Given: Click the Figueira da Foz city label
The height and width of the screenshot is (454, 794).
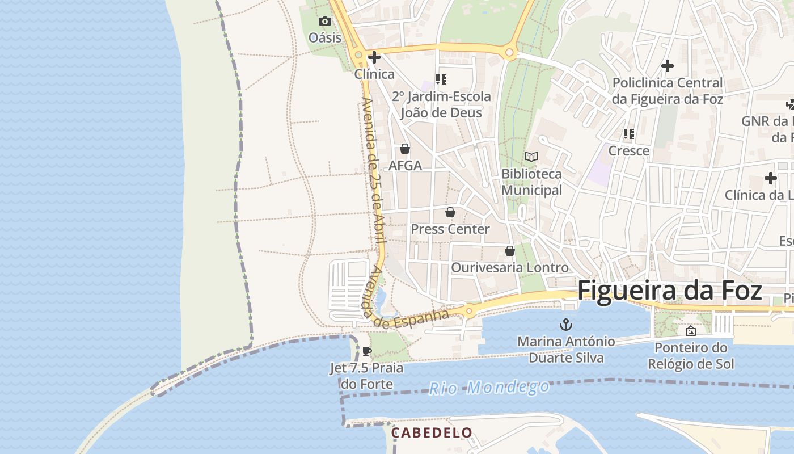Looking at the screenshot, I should pyautogui.click(x=669, y=291).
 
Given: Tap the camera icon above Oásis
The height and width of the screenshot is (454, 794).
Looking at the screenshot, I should pyautogui.click(x=324, y=22).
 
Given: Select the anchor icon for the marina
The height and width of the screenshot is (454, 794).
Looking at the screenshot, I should pyautogui.click(x=565, y=325).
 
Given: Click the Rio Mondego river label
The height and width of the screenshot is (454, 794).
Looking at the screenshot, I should pyautogui.click(x=489, y=388).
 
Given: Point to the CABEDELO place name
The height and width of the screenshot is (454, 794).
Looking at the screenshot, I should pyautogui.click(x=432, y=432).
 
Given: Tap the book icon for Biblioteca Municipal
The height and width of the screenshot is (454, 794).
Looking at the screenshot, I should pyautogui.click(x=531, y=157).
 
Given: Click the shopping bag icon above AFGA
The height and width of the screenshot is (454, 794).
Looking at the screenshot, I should pyautogui.click(x=405, y=149).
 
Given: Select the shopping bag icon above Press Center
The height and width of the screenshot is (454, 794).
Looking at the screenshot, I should pyautogui.click(x=450, y=213).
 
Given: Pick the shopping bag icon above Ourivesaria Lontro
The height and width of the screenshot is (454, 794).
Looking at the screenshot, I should pyautogui.click(x=509, y=251).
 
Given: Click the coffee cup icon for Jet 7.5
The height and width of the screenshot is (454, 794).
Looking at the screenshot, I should pyautogui.click(x=366, y=351).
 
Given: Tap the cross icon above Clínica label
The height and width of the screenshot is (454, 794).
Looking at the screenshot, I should pyautogui.click(x=374, y=57).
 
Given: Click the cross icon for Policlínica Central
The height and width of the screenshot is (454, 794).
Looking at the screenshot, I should pyautogui.click(x=668, y=66).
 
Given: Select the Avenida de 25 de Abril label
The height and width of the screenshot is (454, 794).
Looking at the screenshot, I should pyautogui.click(x=373, y=170).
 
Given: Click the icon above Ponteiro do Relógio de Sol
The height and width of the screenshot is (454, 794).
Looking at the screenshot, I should pyautogui.click(x=690, y=331).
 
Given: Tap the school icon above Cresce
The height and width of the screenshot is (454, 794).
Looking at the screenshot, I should pyautogui.click(x=628, y=134).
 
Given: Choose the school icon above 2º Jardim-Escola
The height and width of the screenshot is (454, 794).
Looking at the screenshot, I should pyautogui.click(x=441, y=79).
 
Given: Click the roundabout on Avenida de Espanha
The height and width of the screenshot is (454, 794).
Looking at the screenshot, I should pyautogui.click(x=469, y=310).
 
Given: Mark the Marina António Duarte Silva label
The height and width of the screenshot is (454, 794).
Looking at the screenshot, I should pyautogui.click(x=565, y=350).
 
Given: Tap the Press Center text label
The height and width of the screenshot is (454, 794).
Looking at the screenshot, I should pyautogui.click(x=450, y=229).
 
